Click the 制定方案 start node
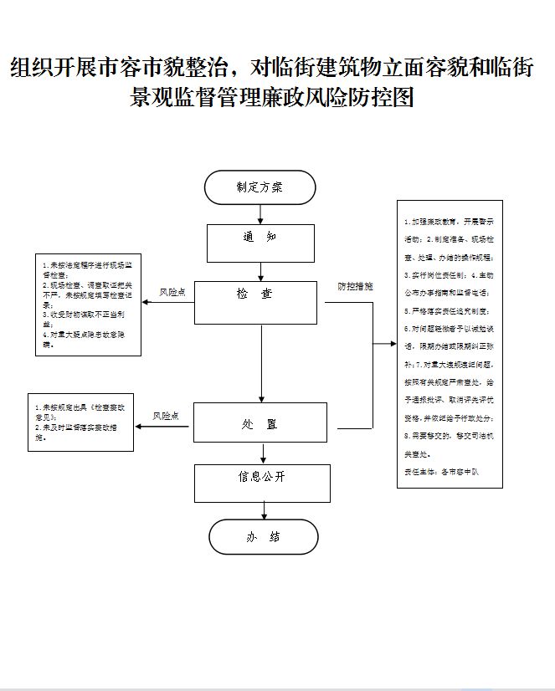tap(260, 187)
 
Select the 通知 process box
tap(260, 243)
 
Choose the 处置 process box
tap(260, 422)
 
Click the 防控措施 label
tap(355, 286)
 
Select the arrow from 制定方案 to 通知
tap(260, 214)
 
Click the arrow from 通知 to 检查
tap(261, 271)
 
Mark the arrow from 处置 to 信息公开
tap(264, 453)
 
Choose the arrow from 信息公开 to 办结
tap(264, 509)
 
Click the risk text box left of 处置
tap(80, 422)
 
